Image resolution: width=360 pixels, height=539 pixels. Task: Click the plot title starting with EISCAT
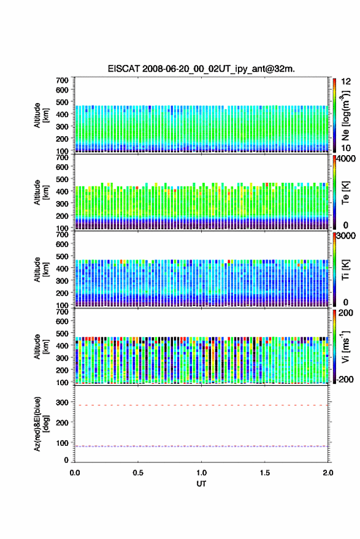[201, 69]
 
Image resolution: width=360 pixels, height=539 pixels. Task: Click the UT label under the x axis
[201, 484]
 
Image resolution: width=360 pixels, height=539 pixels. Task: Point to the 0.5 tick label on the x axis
[138, 473]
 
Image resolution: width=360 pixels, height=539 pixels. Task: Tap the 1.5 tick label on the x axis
[265, 473]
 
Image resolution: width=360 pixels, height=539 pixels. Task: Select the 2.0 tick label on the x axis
[328, 473]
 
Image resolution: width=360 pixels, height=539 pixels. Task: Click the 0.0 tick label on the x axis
[75, 473]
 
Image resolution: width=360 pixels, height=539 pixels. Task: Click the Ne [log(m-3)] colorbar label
[345, 115]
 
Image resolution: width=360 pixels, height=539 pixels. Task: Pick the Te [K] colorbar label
[345, 193]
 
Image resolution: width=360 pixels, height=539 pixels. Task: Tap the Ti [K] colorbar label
[345, 270]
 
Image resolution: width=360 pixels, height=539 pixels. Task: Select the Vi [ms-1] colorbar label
[345, 346]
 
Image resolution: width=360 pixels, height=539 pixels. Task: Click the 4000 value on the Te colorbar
[346, 159]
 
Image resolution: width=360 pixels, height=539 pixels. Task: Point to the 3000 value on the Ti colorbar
[346, 236]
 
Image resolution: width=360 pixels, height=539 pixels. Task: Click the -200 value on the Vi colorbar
[344, 380]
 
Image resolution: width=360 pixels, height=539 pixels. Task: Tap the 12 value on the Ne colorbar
[346, 82]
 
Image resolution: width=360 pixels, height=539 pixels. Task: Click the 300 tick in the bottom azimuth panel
[62, 402]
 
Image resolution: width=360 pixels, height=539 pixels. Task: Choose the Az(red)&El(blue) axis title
[41, 424]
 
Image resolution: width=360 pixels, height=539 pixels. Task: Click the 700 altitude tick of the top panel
[62, 80]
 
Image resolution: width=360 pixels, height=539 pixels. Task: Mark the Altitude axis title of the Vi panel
[41, 346]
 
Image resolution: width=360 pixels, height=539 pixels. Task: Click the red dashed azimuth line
[201, 405]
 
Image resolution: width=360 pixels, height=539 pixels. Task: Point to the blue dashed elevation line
[201, 446]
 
